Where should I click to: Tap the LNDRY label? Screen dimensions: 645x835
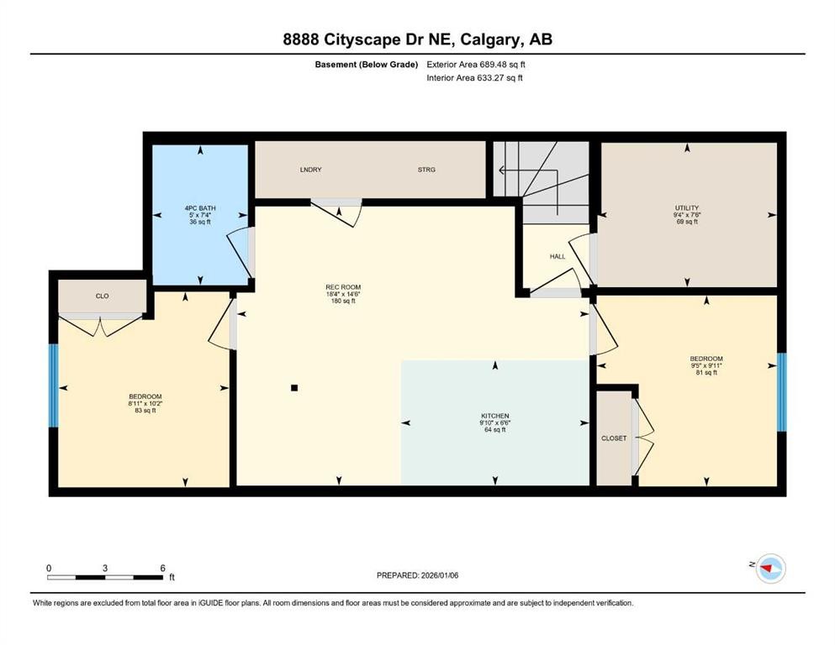click(310, 170)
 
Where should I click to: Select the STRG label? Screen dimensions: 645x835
click(426, 170)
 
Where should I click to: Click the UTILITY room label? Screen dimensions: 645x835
click(687, 207)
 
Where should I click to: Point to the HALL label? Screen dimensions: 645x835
click(558, 256)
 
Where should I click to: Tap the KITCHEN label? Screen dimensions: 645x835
click(495, 416)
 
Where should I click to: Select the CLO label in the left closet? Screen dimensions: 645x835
click(102, 296)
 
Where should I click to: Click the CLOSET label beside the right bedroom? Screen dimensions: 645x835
click(614, 438)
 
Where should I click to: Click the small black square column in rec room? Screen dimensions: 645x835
click(294, 388)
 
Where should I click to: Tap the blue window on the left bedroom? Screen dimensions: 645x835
click(54, 386)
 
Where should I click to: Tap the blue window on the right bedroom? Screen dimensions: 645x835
click(781, 392)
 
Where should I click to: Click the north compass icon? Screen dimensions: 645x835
click(769, 569)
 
